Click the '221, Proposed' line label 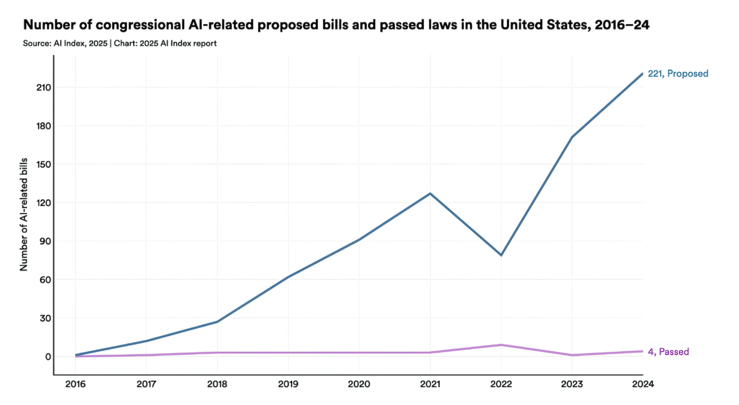[678, 73]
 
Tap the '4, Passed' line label [668, 352]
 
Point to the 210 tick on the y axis [44, 87]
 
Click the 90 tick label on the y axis [45, 241]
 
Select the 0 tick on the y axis [48, 357]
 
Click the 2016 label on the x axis [76, 384]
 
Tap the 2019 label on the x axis [288, 384]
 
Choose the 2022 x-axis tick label [501, 384]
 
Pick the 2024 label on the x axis [643, 384]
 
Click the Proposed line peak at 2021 [430, 193]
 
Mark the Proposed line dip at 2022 [501, 255]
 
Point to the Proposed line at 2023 [572, 137]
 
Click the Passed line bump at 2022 [501, 345]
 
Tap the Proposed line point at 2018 [217, 322]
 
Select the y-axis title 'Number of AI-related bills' [24, 214]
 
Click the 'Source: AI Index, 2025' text [65, 43]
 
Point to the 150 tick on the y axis [44, 165]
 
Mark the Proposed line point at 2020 [359, 240]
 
